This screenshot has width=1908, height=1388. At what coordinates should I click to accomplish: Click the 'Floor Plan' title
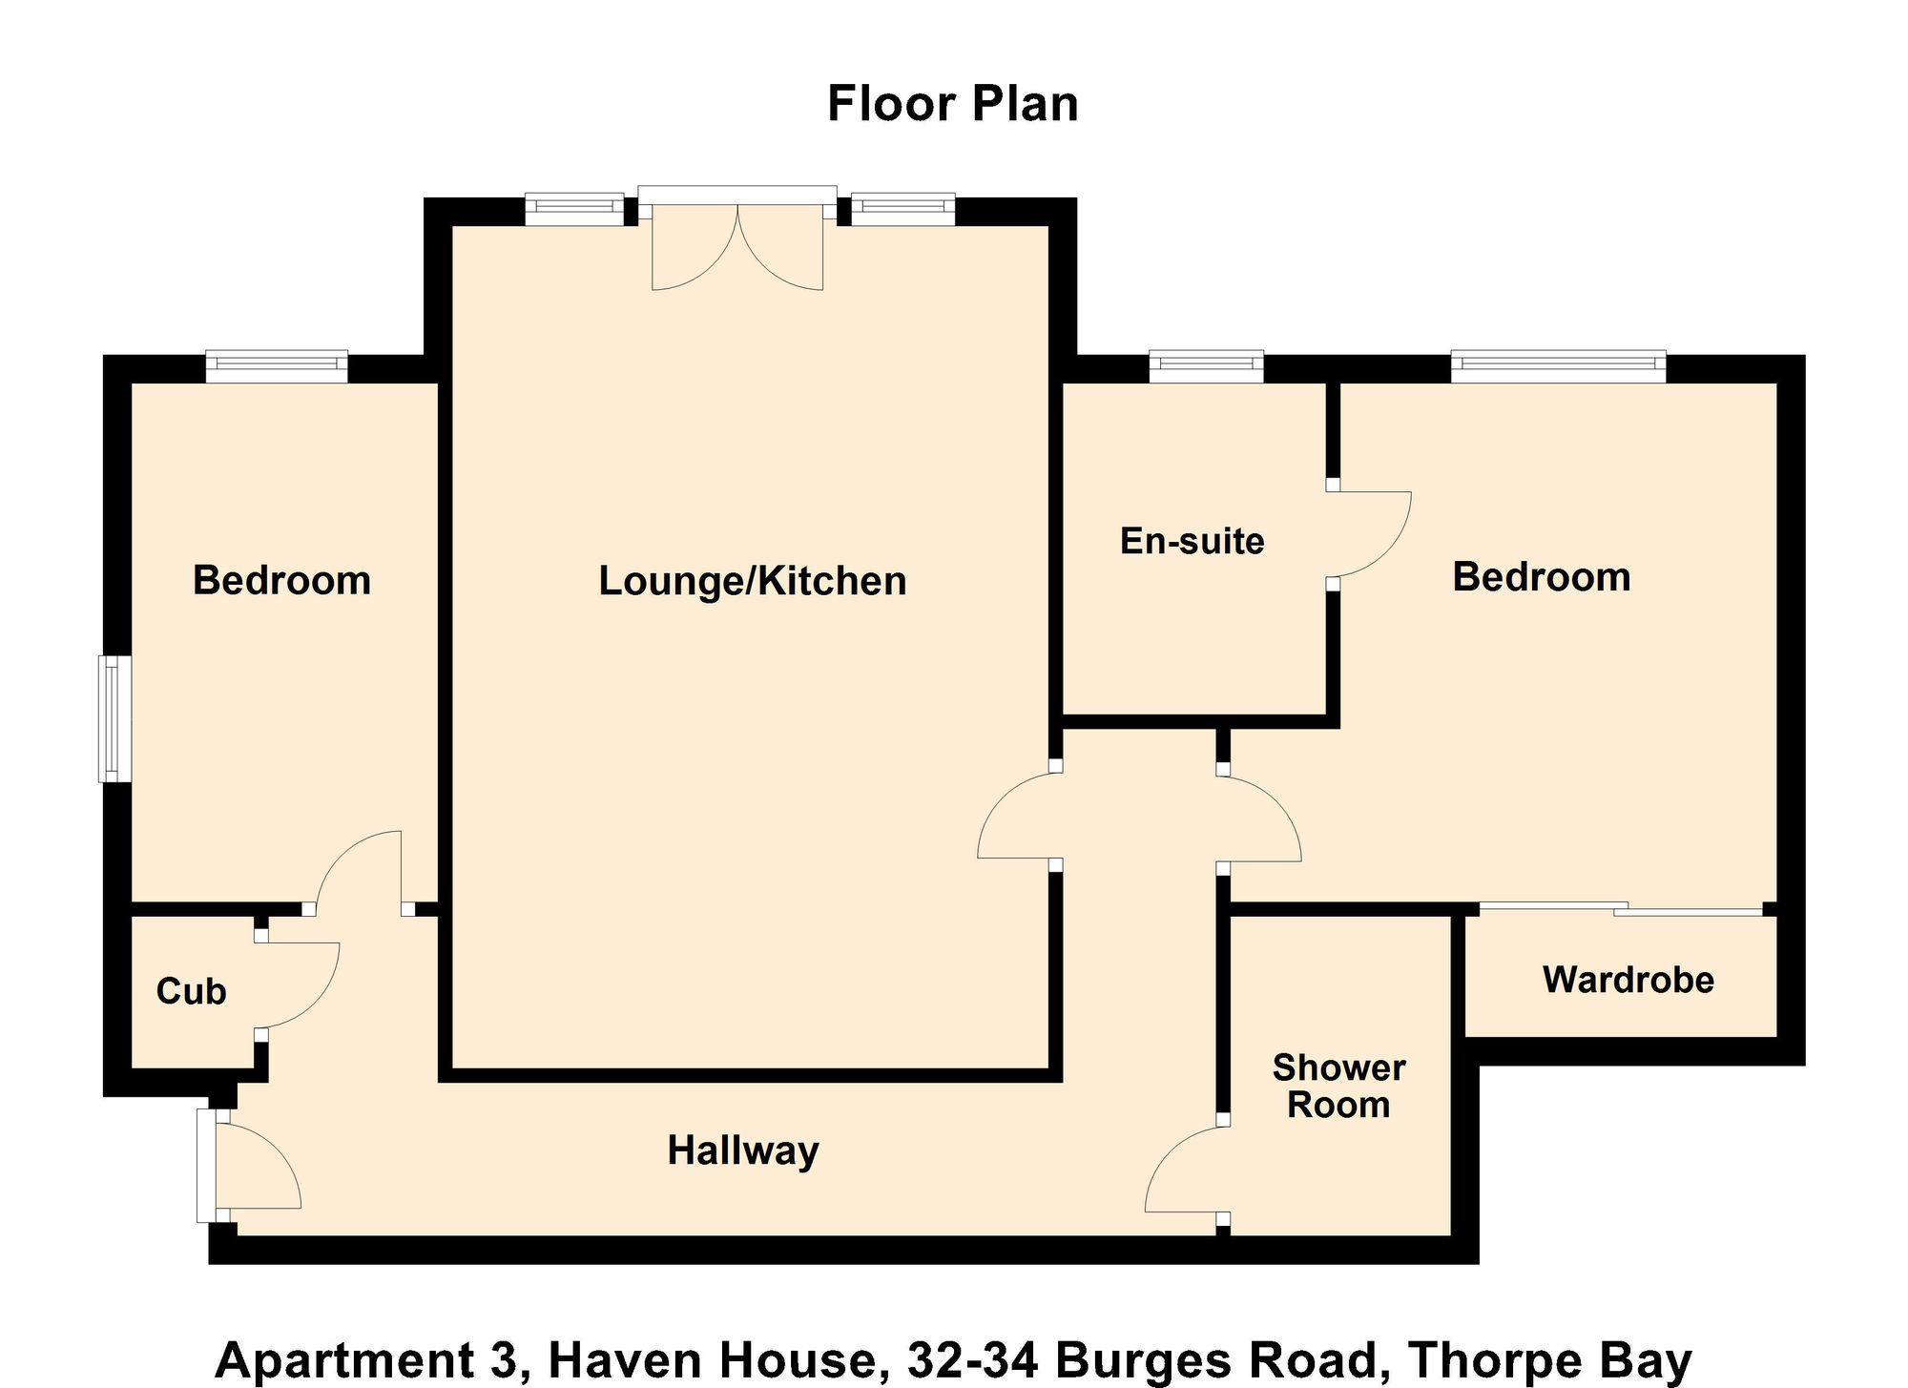(952, 104)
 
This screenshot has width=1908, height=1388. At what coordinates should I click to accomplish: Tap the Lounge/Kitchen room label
(752, 581)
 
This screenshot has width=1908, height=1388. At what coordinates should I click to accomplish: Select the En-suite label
(1192, 541)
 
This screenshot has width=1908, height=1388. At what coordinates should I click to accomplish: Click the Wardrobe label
(1628, 980)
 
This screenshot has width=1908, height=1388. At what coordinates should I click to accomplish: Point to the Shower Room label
(1338, 1087)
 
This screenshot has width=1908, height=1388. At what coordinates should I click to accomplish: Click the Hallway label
(742, 1150)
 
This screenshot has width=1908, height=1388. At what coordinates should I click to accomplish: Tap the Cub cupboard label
(191, 991)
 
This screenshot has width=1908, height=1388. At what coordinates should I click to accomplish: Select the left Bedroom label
(281, 580)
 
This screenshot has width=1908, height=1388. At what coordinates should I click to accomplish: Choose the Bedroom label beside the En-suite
(1541, 577)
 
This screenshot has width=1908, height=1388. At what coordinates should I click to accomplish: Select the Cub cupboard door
(298, 985)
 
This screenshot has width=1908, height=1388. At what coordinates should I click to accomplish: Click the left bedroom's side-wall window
(114, 718)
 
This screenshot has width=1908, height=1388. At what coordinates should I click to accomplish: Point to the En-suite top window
(1206, 366)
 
